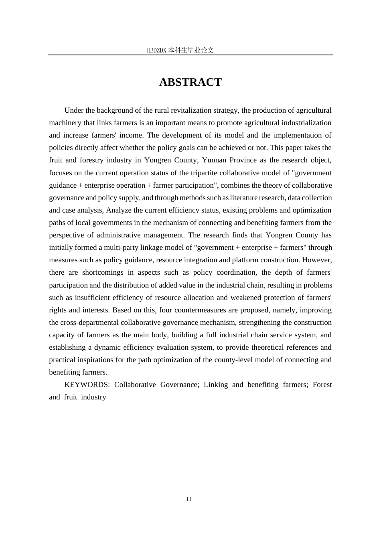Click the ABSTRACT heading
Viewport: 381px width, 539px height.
point(190,82)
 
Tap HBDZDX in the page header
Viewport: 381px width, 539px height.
point(156,51)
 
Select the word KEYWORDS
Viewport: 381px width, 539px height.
point(87,385)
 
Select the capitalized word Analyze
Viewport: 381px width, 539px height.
point(119,210)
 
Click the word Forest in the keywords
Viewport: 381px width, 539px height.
point(322,385)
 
